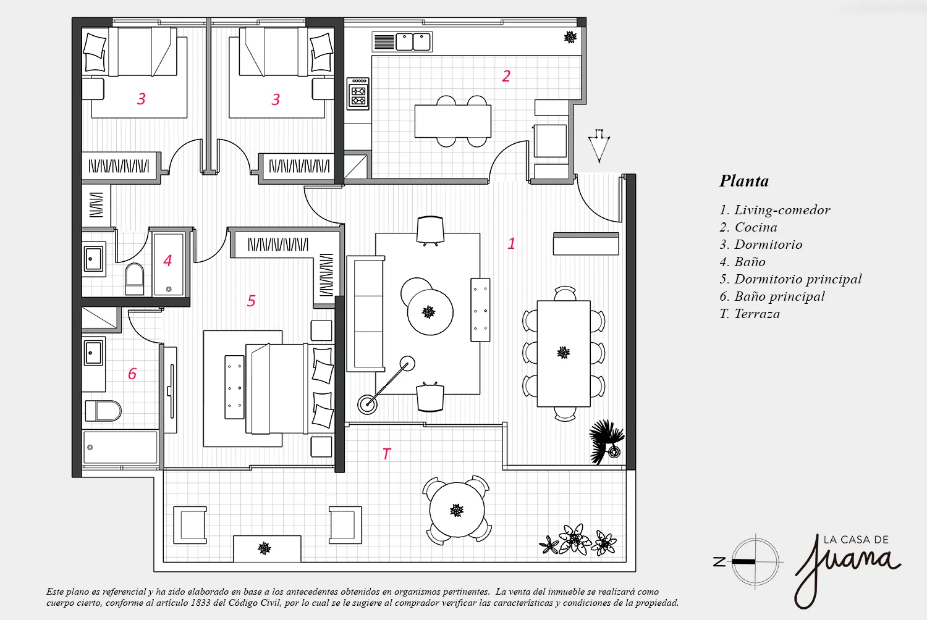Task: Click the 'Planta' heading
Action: pos(743,181)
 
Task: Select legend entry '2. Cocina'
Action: pos(748,227)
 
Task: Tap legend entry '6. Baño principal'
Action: pos(772,296)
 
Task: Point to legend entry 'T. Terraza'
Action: pos(750,314)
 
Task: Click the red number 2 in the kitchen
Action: pos(506,76)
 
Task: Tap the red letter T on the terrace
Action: pos(386,454)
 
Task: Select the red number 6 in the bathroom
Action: pos(132,374)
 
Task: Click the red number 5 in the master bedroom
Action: pos(251,301)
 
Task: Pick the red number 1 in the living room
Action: pos(512,243)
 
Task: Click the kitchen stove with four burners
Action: pos(358,93)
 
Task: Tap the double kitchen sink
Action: pos(413,42)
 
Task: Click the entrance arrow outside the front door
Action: pos(599,146)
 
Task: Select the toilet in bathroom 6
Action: pos(103,410)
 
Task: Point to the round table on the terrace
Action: pos(457,510)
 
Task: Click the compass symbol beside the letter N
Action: pos(755,562)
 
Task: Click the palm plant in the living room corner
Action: pos(606,442)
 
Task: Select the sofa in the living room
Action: pos(366,314)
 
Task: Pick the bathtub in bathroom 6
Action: pos(121,448)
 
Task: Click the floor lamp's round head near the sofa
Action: pos(407,364)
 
